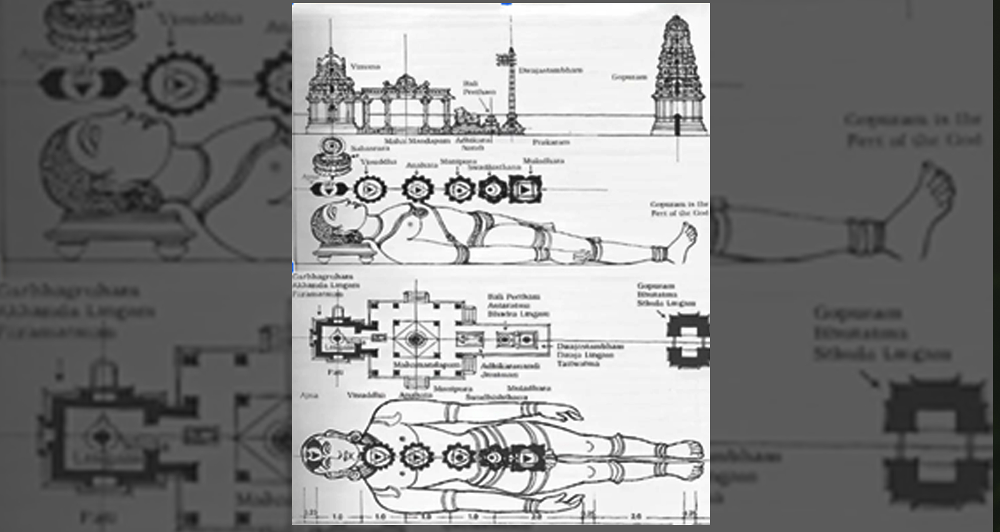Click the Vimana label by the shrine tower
click(366, 66)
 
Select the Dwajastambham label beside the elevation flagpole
click(550, 70)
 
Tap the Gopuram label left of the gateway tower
click(629, 77)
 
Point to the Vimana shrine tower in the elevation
click(331, 88)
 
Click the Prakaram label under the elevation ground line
click(551, 143)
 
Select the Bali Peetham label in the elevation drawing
click(479, 88)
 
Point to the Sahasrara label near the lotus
click(370, 148)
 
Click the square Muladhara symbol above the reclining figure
click(525, 188)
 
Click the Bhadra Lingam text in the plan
click(518, 314)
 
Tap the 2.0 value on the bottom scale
click(536, 517)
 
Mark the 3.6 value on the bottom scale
click(636, 517)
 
